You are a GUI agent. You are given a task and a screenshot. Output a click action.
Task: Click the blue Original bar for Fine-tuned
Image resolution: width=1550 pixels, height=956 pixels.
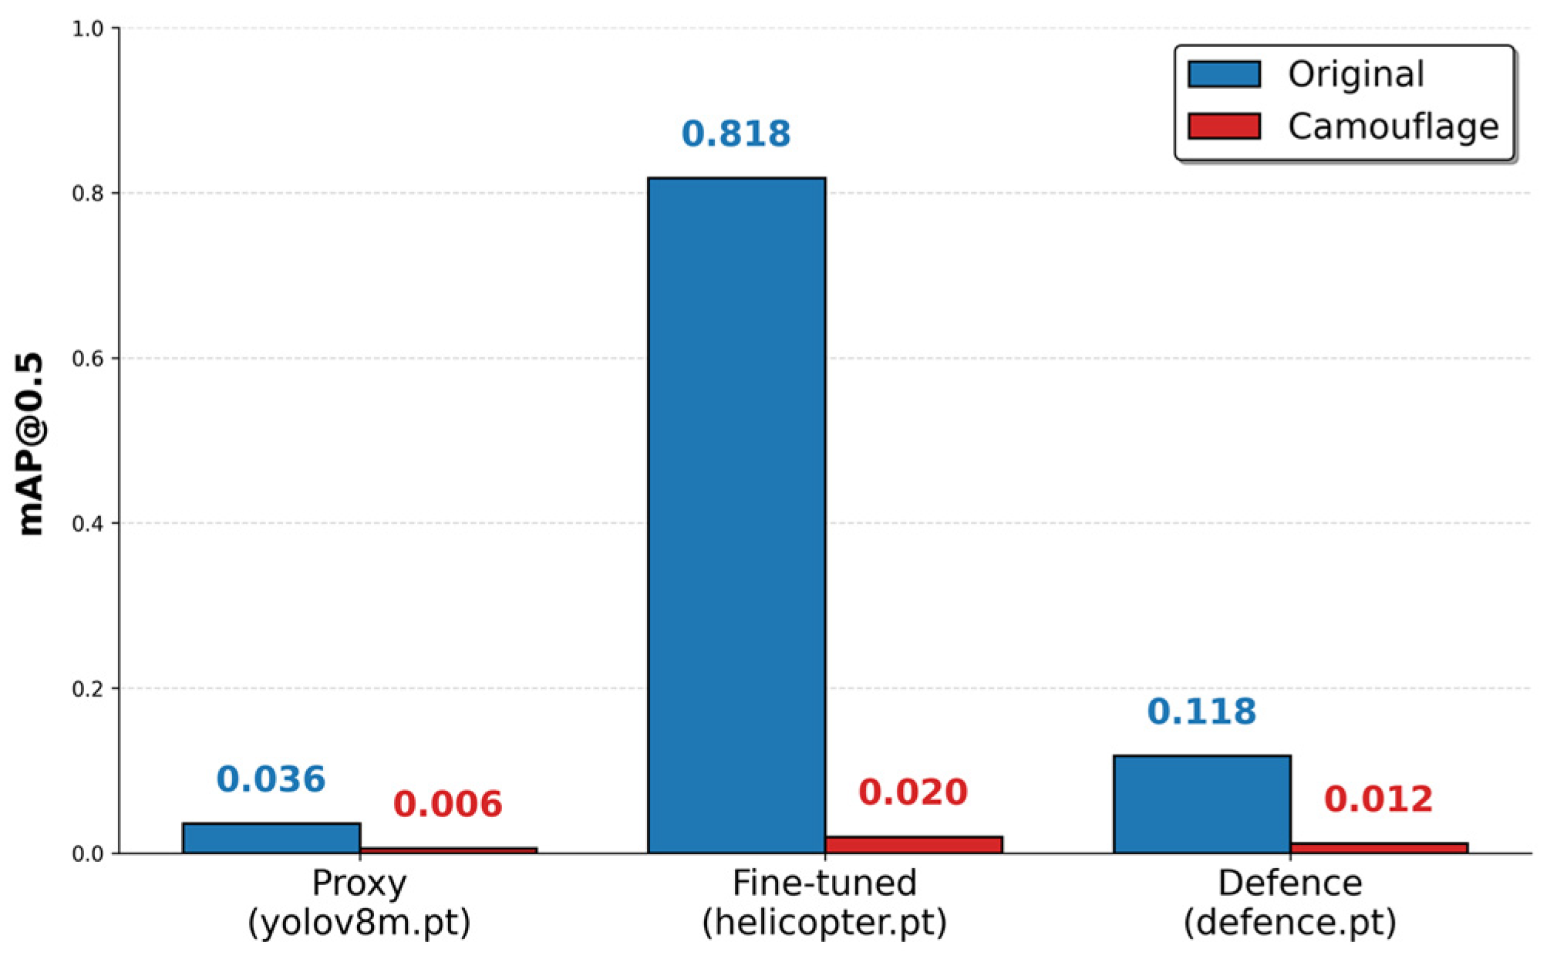pos(736,515)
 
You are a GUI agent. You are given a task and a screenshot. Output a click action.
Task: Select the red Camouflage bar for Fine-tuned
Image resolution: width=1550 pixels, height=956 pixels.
pos(914,845)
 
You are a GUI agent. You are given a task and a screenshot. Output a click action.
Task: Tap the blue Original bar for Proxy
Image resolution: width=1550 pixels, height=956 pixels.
pos(271,838)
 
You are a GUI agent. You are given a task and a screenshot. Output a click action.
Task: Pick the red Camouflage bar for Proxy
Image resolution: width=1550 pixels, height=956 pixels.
pos(449,850)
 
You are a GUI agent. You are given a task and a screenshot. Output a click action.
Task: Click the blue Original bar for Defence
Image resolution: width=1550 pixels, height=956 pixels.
pos(1202,804)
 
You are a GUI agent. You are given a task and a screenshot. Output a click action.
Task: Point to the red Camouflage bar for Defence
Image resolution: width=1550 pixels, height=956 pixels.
pos(1379,848)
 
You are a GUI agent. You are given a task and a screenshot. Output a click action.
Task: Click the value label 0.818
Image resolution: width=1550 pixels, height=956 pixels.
pos(736,133)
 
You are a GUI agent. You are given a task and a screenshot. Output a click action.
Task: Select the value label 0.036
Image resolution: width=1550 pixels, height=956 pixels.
pos(271,779)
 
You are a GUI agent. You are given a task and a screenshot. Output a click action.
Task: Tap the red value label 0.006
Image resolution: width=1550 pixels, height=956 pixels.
pos(448,804)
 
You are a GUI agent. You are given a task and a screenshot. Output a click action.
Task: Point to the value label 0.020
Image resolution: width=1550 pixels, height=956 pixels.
pos(913,792)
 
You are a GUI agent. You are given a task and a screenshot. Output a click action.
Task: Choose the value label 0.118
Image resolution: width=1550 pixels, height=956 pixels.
pos(1202,711)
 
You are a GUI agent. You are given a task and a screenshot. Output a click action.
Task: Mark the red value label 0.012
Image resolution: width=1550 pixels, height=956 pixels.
pos(1379,799)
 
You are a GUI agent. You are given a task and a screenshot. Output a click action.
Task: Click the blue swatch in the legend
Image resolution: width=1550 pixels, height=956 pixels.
pos(1225,74)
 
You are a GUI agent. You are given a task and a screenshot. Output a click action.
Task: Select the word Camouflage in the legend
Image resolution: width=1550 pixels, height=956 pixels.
pos(1393,127)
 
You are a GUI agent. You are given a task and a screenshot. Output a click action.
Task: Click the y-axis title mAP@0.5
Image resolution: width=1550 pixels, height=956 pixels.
pos(31,444)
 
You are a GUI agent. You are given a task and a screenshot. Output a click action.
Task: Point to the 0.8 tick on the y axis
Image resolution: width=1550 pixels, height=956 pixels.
pos(88,193)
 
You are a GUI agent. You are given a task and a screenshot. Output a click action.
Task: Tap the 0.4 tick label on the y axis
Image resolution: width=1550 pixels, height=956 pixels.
pos(88,523)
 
